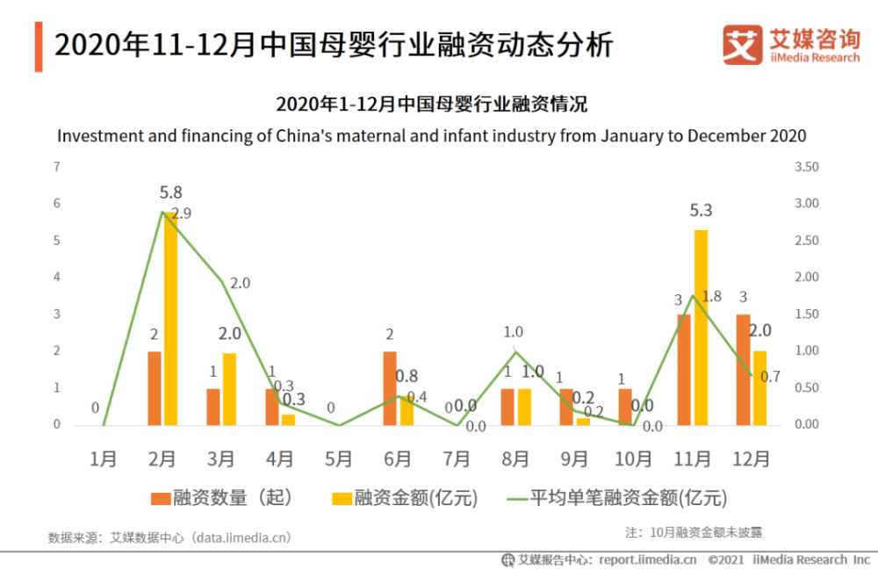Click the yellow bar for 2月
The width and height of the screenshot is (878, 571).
click(x=169, y=319)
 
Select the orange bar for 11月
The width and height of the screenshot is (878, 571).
click(x=684, y=370)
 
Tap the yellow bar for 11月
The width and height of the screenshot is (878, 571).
click(x=701, y=328)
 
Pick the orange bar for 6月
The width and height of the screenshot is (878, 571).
click(x=390, y=388)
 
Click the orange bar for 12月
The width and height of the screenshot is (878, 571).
click(x=743, y=370)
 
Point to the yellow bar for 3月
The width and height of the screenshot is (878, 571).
click(x=229, y=389)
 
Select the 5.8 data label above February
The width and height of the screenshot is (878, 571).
click(x=171, y=192)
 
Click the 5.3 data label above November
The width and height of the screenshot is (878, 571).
click(x=701, y=211)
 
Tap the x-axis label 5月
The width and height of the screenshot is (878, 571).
click(x=338, y=459)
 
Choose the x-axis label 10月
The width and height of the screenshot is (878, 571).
click(x=633, y=459)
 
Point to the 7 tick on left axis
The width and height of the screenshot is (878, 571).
click(x=57, y=167)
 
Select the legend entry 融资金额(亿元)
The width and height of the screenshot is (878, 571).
click(x=405, y=498)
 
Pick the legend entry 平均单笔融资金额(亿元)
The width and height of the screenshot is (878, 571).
click(x=618, y=498)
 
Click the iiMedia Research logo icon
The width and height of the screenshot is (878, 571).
click(x=742, y=44)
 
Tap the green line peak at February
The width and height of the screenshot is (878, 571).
click(x=162, y=212)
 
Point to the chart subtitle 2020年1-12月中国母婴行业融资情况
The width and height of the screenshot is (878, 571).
click(x=431, y=105)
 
